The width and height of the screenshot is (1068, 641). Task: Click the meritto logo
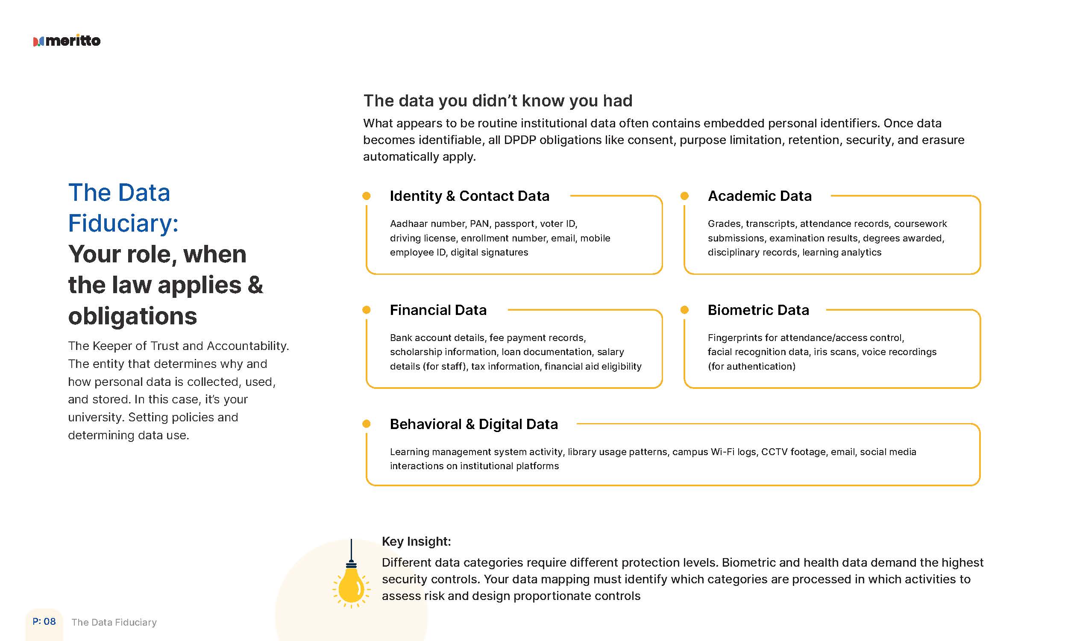pyautogui.click(x=67, y=41)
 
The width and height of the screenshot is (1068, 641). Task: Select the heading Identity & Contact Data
pyautogui.click(x=469, y=196)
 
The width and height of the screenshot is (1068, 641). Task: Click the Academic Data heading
pyautogui.click(x=759, y=196)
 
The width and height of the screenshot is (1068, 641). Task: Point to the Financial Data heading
pyautogui.click(x=438, y=310)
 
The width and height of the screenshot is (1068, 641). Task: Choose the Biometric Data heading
pyautogui.click(x=758, y=310)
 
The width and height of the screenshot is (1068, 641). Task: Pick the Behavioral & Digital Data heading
pyautogui.click(x=474, y=424)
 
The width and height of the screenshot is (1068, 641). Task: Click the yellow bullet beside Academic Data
pyautogui.click(x=684, y=196)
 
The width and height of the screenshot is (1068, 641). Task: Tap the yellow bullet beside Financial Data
pyautogui.click(x=367, y=310)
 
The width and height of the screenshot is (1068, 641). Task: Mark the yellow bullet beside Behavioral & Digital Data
pyautogui.click(x=367, y=424)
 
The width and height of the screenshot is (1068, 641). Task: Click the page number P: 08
pyautogui.click(x=44, y=622)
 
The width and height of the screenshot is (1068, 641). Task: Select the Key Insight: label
pyautogui.click(x=416, y=541)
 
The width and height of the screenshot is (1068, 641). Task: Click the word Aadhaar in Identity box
pyautogui.click(x=406, y=224)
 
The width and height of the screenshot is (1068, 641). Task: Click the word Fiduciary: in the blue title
pyautogui.click(x=123, y=223)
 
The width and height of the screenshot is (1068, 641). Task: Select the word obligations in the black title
pyautogui.click(x=132, y=316)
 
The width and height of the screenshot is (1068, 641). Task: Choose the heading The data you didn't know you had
pyautogui.click(x=498, y=101)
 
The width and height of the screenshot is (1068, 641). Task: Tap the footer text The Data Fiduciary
pyautogui.click(x=114, y=622)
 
